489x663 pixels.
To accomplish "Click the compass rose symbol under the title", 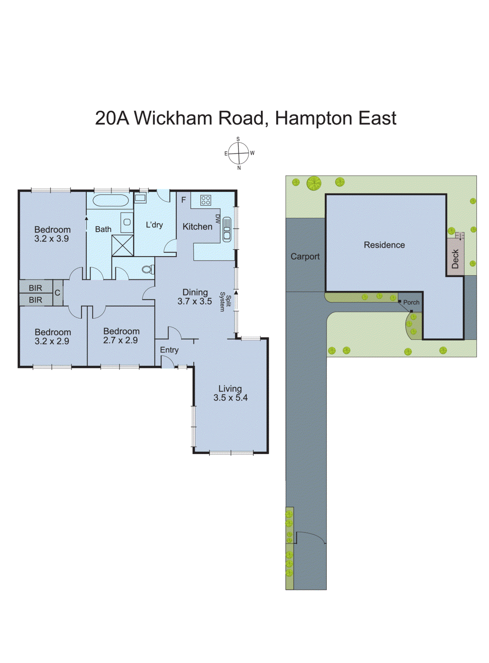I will pos(238,153).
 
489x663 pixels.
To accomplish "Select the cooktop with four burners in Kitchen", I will pos(205,200).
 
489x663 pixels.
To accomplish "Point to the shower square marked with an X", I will pos(123,245).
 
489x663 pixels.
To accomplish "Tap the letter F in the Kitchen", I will pos(183,200).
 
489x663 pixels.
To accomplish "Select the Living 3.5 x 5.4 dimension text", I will pos(230,393).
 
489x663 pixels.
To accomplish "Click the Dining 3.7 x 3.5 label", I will pos(195,297).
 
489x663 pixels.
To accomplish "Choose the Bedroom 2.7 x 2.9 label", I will pos(121,336).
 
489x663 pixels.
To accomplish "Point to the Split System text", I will pos(225,302).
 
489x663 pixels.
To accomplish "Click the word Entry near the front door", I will pos(169,350).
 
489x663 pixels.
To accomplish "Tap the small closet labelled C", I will pos(57,293).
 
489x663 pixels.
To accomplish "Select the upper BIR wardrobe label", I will pos(35,288).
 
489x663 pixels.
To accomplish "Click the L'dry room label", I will pos(154,225).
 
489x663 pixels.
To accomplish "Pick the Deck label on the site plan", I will pos(455,259).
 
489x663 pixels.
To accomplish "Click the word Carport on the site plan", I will pos(305,256).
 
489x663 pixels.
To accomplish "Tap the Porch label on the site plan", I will pos(411,302).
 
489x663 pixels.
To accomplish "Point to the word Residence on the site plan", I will pos(384,245).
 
